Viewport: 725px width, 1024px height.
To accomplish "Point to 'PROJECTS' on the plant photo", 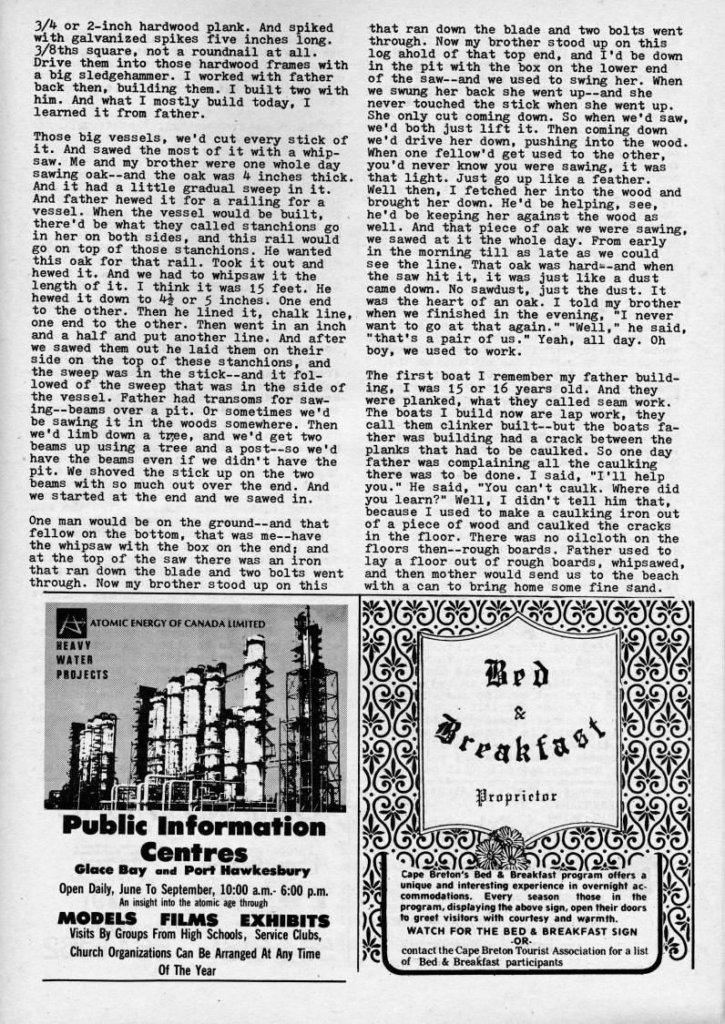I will pos(82,674).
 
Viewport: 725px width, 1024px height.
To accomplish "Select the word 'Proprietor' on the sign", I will pos(517,797).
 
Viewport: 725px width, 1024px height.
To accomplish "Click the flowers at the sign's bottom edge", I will pos(500,849).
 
